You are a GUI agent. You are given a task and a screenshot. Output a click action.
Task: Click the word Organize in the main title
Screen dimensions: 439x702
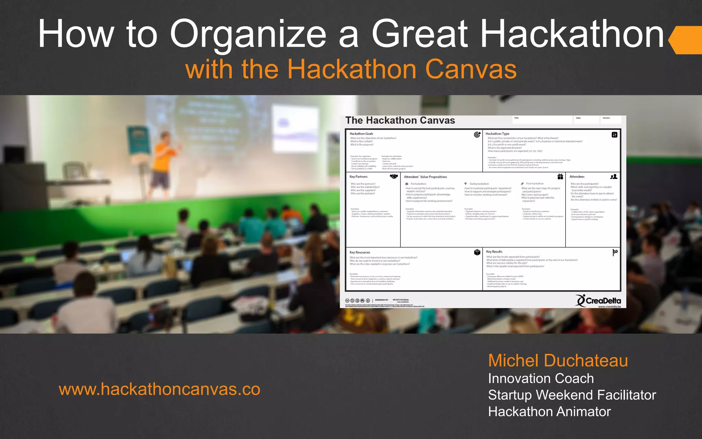pyautogui.click(x=248, y=34)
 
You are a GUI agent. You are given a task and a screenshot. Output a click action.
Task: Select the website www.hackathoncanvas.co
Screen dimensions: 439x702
pyautogui.click(x=159, y=389)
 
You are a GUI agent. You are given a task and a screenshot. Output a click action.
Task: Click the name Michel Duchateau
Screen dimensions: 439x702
pyautogui.click(x=558, y=360)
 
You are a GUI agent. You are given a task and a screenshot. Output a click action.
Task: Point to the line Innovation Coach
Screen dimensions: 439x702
pyautogui.click(x=541, y=379)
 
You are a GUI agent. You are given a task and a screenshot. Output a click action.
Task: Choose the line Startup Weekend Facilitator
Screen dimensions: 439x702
pyautogui.click(x=572, y=395)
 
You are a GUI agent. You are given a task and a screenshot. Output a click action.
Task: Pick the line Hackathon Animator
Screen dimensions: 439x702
pyautogui.click(x=549, y=412)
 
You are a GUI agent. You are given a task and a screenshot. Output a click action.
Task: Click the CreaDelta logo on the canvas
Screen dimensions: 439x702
pyautogui.click(x=598, y=301)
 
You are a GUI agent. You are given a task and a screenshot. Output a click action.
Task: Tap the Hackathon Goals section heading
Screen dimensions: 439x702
pyautogui.click(x=361, y=134)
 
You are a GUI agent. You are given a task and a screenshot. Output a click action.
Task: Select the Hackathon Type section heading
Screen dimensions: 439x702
pyautogui.click(x=497, y=134)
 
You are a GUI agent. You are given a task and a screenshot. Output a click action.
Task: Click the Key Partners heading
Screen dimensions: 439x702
pyautogui.click(x=358, y=177)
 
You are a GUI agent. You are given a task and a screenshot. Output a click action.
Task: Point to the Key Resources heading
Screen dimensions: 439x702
pyautogui.click(x=360, y=252)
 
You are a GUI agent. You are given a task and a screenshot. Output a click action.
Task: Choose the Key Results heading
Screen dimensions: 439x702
pyautogui.click(x=494, y=252)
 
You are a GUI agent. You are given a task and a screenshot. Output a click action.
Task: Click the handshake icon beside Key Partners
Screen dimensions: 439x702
pyautogui.click(x=394, y=177)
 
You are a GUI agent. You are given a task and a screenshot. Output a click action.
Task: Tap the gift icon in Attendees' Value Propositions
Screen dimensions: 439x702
pyautogui.click(x=560, y=177)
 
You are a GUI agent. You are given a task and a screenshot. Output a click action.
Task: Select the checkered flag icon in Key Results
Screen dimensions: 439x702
pyautogui.click(x=615, y=252)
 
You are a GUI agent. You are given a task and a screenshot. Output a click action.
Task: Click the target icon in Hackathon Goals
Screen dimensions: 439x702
pyautogui.click(x=477, y=134)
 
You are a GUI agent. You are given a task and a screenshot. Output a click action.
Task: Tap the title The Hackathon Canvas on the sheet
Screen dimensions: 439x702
pyautogui.click(x=400, y=120)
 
